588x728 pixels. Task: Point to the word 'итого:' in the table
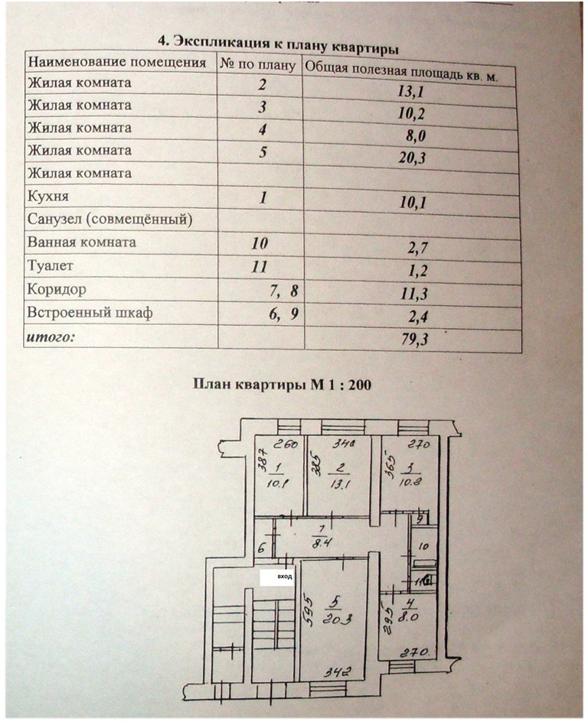(x=51, y=335)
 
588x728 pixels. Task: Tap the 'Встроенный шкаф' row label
(x=79, y=313)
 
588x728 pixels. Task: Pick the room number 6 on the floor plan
(x=260, y=548)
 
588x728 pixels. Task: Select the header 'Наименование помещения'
(x=116, y=62)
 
